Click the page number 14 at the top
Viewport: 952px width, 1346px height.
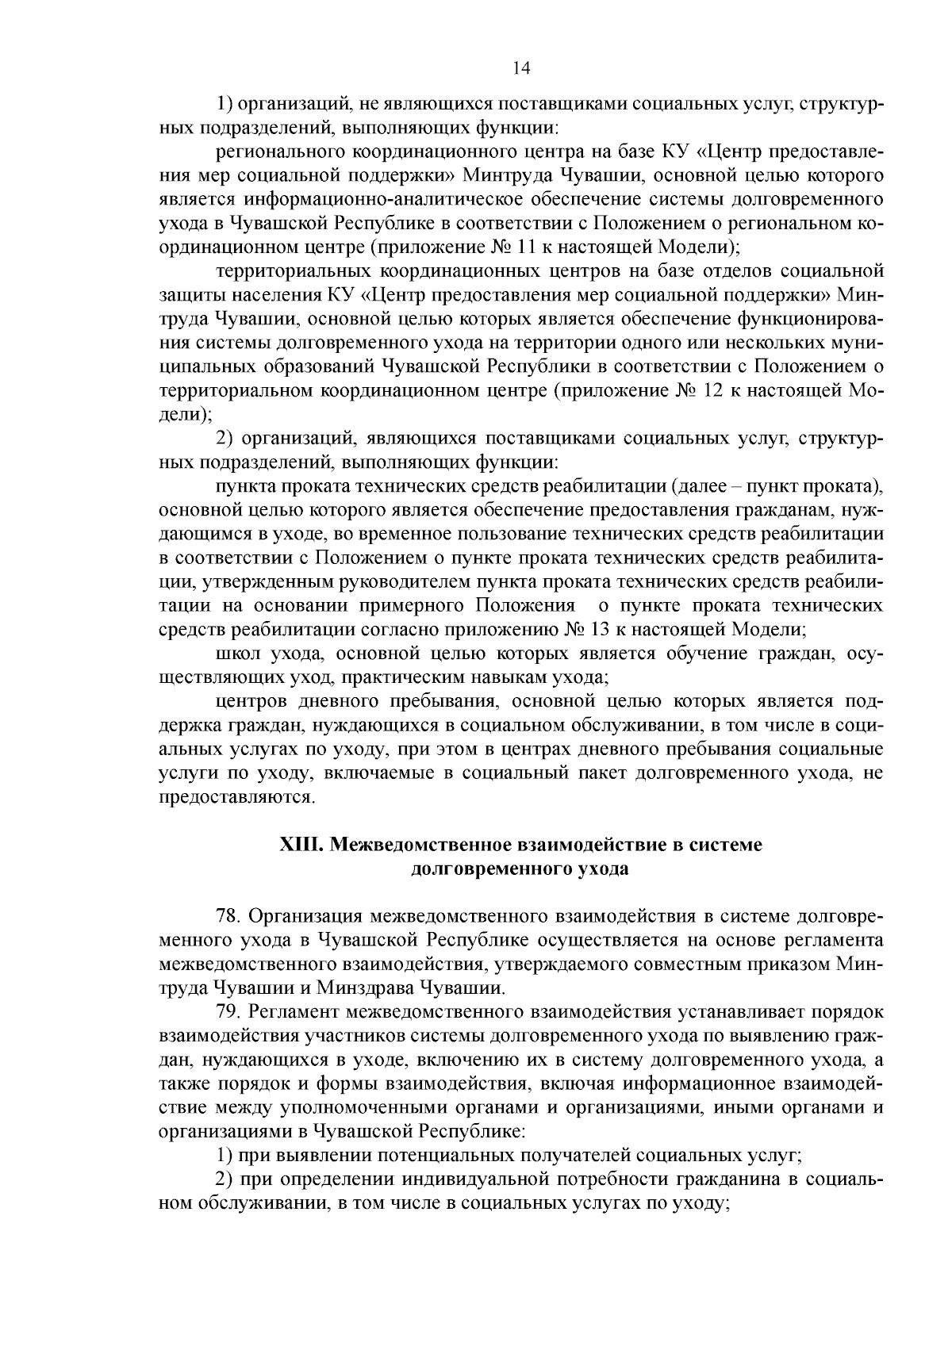click(x=521, y=68)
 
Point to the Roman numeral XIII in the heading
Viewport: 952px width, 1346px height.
click(x=300, y=845)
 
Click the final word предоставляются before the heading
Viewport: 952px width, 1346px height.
click(x=237, y=797)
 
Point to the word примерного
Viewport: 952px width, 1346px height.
click(x=398, y=606)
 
